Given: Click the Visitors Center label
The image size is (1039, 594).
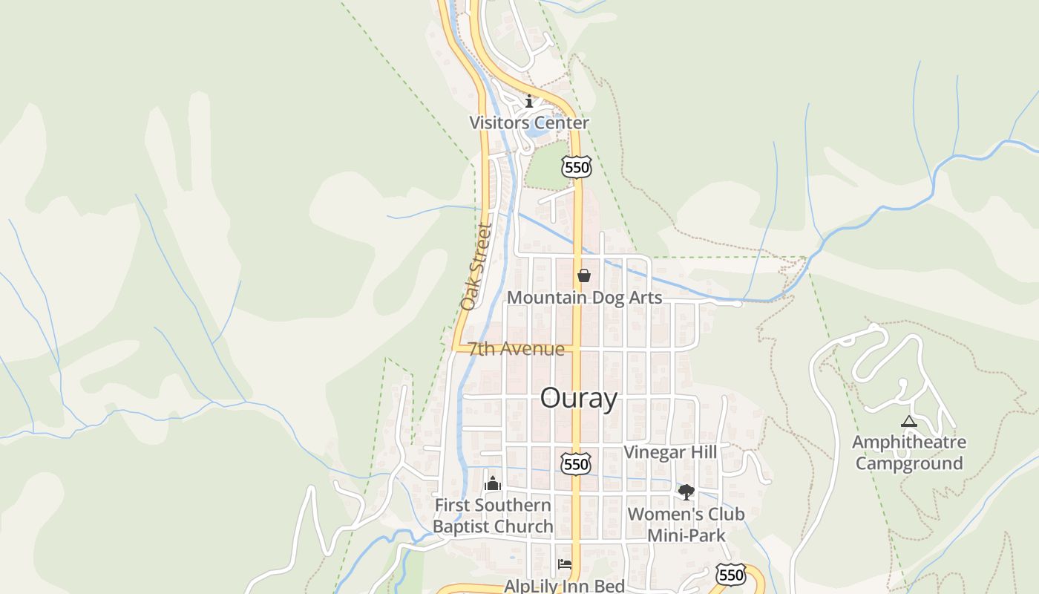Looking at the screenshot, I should point(529,123).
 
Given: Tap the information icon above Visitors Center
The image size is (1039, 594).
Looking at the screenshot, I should point(529,101).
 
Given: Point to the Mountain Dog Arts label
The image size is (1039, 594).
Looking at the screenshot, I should point(584,298).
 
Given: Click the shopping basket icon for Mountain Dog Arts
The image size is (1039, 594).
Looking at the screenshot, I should point(584,275).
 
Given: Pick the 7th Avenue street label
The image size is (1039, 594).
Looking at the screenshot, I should point(516,349).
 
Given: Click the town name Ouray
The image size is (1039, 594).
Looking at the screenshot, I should point(579,398).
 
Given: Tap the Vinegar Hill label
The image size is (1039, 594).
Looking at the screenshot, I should point(670,452).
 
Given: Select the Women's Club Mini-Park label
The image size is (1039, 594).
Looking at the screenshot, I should point(686,524).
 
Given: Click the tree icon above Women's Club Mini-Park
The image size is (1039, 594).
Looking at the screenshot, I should point(686,492).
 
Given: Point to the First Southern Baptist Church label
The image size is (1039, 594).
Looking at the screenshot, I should point(493,516).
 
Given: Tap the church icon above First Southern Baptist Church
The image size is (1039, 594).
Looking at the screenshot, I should point(493,484).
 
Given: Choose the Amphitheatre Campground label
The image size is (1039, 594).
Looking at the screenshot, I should point(909,452).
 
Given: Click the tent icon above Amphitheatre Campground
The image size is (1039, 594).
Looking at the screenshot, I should point(909,422).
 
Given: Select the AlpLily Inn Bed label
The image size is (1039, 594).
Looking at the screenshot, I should point(564,586).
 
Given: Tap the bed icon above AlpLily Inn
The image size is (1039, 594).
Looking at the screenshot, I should point(565,564).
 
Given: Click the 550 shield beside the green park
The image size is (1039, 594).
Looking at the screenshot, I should point(577,167).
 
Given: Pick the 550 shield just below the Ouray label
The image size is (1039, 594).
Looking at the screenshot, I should point(576,464).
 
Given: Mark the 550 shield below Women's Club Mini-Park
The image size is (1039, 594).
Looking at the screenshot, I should point(731,574).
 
